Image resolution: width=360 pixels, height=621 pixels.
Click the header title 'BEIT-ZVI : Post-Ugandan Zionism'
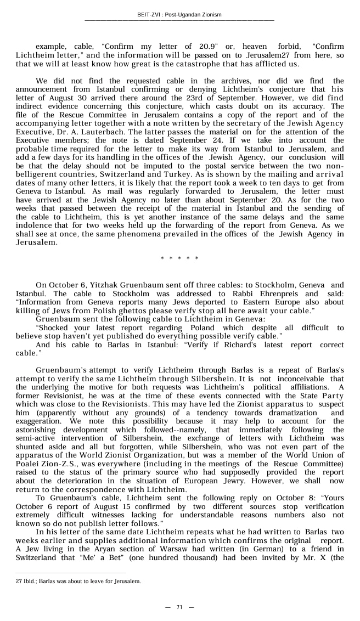coord(179,15)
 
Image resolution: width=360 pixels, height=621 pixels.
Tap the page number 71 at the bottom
coord(179,607)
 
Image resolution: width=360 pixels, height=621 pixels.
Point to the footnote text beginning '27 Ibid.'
coord(78,581)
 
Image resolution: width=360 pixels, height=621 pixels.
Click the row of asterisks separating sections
coord(179,258)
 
